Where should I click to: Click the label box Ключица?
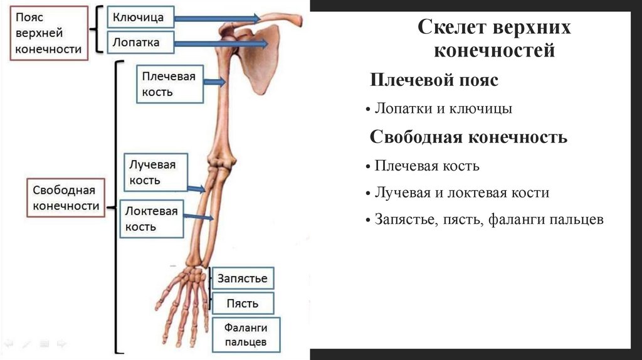pyautogui.click(x=138, y=18)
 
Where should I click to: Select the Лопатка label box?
pyautogui.click(x=136, y=43)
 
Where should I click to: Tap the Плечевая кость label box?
pyautogui.click(x=169, y=84)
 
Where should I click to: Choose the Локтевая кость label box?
pyautogui.click(x=151, y=219)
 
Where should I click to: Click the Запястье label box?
pyautogui.click(x=243, y=278)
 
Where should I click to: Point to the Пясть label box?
pyautogui.click(x=243, y=304)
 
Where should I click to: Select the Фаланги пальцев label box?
pyautogui.click(x=245, y=335)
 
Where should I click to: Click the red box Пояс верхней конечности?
pyautogui.click(x=48, y=33)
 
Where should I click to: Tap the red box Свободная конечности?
pyautogui.click(x=66, y=198)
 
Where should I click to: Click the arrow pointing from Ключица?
pyautogui.click(x=216, y=18)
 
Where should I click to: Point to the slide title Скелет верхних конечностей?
pyautogui.click(x=494, y=39)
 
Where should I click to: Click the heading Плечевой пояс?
pyautogui.click(x=434, y=80)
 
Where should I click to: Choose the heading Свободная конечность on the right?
pyautogui.click(x=468, y=137)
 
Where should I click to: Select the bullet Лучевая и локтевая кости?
pyautogui.click(x=461, y=193)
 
